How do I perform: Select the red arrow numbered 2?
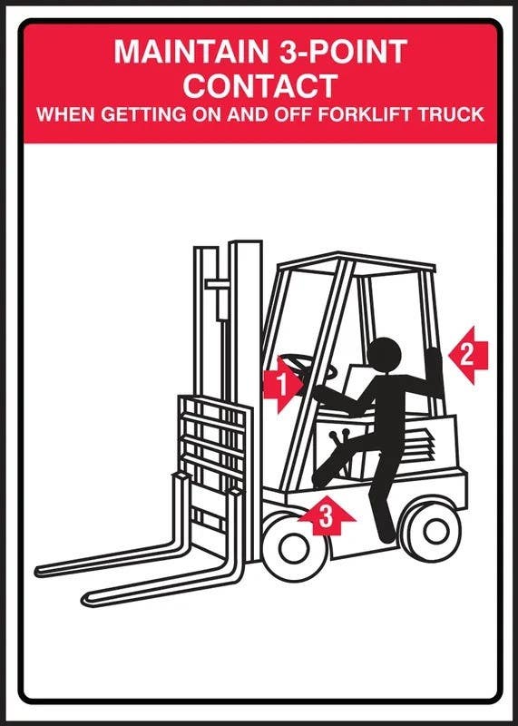point(468,354)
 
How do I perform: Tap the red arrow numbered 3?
point(327,517)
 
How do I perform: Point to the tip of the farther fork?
point(41,571)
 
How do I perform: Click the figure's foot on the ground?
point(386,537)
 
